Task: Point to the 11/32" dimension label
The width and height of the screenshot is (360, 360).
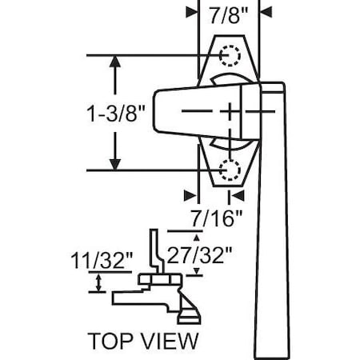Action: pyautogui.click(x=112, y=261)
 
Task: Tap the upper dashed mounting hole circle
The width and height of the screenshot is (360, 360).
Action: pyautogui.click(x=230, y=55)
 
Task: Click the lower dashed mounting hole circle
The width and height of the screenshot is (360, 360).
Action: pyautogui.click(x=230, y=169)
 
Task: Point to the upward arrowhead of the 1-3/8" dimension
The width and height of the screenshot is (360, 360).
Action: pyautogui.click(x=117, y=62)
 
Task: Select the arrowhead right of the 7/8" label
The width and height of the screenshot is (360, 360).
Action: pyautogui.click(x=266, y=12)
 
